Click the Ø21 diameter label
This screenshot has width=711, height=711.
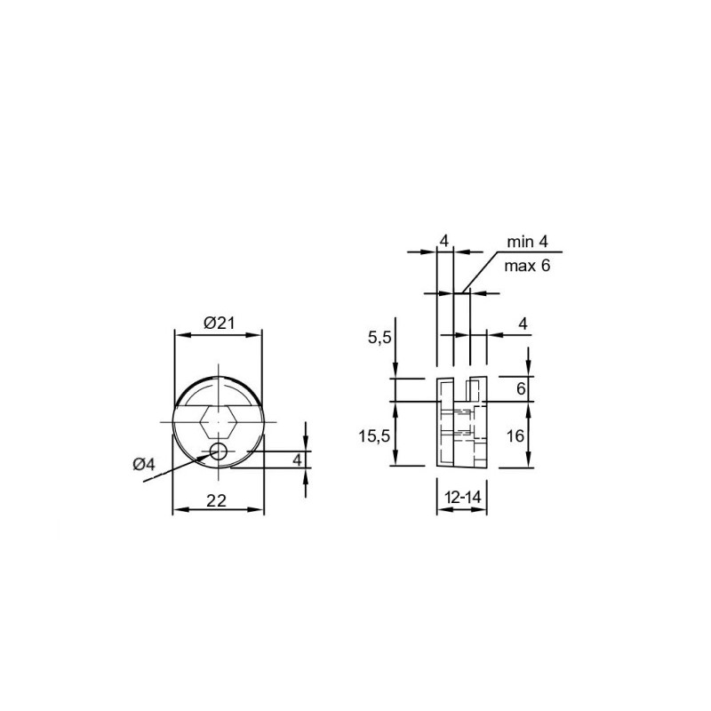point(219,324)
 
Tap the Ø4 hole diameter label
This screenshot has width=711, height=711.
point(144,464)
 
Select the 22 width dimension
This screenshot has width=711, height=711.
point(216,500)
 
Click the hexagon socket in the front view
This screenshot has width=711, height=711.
point(219,421)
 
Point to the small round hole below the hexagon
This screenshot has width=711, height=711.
point(219,451)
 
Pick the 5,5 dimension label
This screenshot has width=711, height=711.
point(379,338)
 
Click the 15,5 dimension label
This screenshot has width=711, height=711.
point(374,436)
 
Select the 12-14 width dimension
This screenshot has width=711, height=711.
point(462,498)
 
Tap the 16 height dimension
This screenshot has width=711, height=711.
point(515,436)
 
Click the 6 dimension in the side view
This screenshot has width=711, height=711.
point(521,388)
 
